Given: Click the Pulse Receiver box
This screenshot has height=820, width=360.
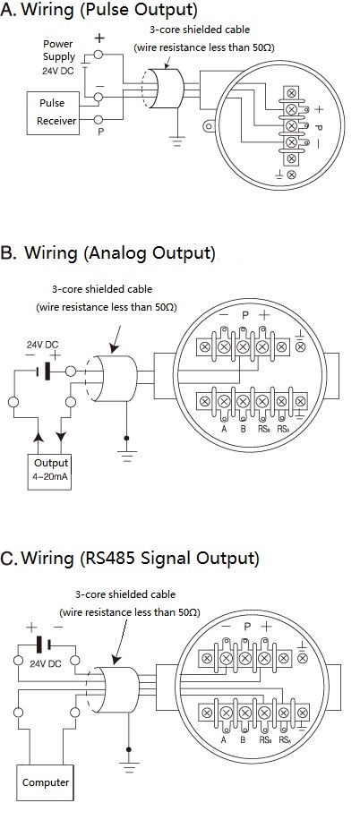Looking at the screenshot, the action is click(x=53, y=113).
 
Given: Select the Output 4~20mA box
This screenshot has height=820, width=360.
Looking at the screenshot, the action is click(x=51, y=473).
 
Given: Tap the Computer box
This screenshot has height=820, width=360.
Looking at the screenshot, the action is click(x=46, y=782).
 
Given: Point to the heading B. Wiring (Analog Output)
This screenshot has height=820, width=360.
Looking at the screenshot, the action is click(x=108, y=253).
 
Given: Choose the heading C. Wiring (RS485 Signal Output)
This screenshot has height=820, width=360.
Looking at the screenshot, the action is click(x=130, y=558).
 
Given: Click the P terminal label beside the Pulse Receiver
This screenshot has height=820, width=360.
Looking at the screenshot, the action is click(x=101, y=132).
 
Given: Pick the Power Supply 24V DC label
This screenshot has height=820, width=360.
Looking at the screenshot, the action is click(x=58, y=57).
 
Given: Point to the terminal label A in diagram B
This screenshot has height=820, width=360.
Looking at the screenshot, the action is click(x=224, y=431).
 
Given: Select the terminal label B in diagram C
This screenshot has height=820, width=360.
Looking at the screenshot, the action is click(x=243, y=740).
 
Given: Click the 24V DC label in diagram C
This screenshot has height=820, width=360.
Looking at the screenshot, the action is click(x=46, y=663).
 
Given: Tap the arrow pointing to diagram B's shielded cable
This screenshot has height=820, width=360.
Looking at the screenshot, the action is click(x=116, y=339).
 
